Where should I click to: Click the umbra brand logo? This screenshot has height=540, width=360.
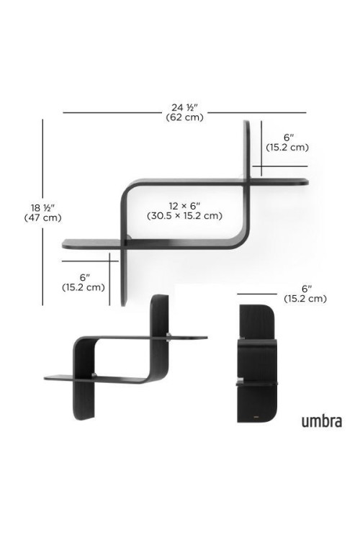coord(322,421)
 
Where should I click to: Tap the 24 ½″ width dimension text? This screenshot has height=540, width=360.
coord(184,107)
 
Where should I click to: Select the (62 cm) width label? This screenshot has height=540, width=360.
coord(184,117)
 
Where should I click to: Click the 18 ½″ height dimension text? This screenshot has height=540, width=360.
coord(42,208)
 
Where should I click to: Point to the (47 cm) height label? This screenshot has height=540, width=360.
coord(42,217)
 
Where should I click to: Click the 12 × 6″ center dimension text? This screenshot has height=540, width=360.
coord(184,206)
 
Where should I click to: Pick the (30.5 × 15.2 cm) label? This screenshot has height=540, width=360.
coord(184,216)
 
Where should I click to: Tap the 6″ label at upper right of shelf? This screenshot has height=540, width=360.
coord(287,138)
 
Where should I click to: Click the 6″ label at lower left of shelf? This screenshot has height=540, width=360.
coord(84,277)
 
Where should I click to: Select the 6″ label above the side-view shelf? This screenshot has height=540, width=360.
coord(305,289)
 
